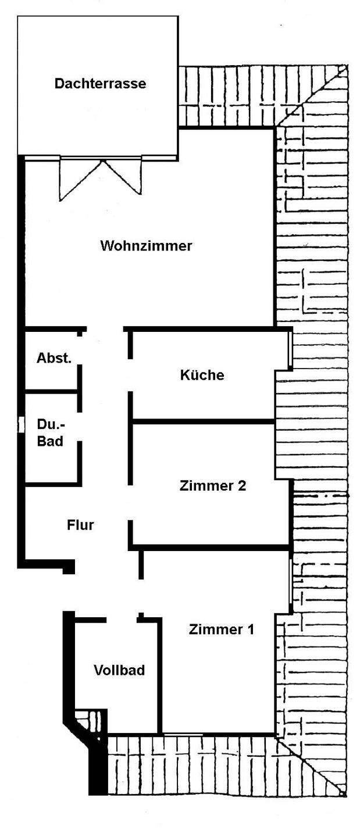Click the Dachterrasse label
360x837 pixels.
tap(100, 83)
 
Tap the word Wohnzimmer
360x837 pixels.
tap(146, 245)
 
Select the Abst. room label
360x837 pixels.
tap(54, 358)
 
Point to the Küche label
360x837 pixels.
tap(202, 375)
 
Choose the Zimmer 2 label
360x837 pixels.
tap(213, 486)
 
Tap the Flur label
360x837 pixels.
tap(80, 525)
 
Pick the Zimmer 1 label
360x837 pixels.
tap(222, 629)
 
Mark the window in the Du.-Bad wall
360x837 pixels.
tap(21, 424)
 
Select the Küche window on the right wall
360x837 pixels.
tap(290, 350)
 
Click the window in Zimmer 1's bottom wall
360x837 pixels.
tap(183, 734)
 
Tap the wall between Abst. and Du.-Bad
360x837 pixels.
tap(51, 392)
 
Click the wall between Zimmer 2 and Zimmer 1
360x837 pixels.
tap(209, 548)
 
